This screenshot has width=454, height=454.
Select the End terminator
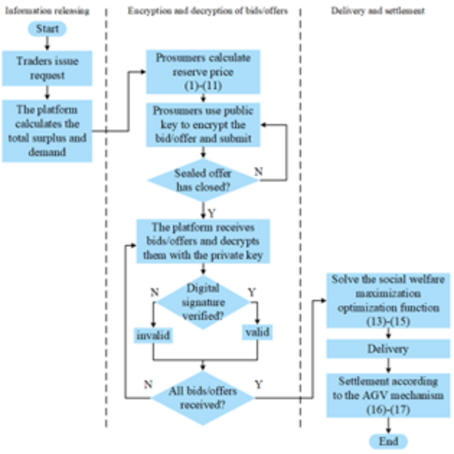tap(387, 442)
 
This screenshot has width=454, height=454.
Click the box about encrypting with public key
tap(204, 126)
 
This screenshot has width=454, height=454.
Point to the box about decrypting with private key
tap(204, 241)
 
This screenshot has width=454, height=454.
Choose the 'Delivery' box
tap(387, 349)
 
